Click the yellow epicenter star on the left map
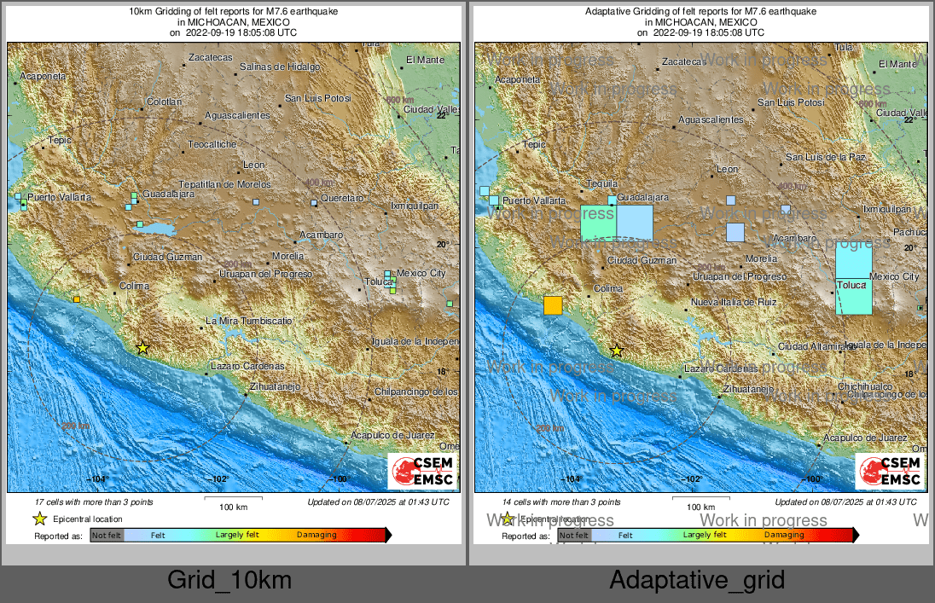[x=142, y=347]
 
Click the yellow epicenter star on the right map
[x=616, y=351]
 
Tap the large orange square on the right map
[x=553, y=305]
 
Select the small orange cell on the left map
[x=77, y=299]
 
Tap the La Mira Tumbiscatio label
[x=249, y=321]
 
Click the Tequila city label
[x=602, y=183]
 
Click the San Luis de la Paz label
[x=825, y=157]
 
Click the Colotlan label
[x=164, y=101]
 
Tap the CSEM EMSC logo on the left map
[x=422, y=472]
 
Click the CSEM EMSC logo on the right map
[x=890, y=472]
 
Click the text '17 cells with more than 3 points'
[x=94, y=502]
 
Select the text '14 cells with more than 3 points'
[x=561, y=502]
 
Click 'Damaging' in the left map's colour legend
[x=317, y=535]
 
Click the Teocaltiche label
[x=212, y=145]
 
